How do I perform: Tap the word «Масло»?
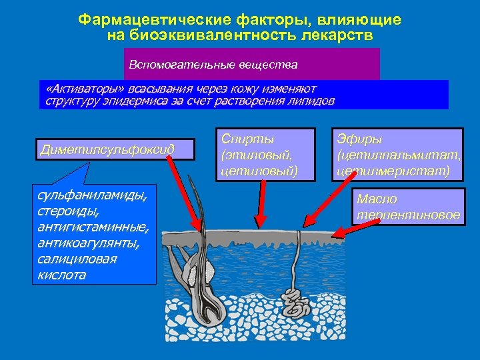coord(377,199)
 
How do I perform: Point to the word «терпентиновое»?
coord(408,215)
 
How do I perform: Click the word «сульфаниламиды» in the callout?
coord(91,195)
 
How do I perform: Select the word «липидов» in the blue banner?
coord(311,101)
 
